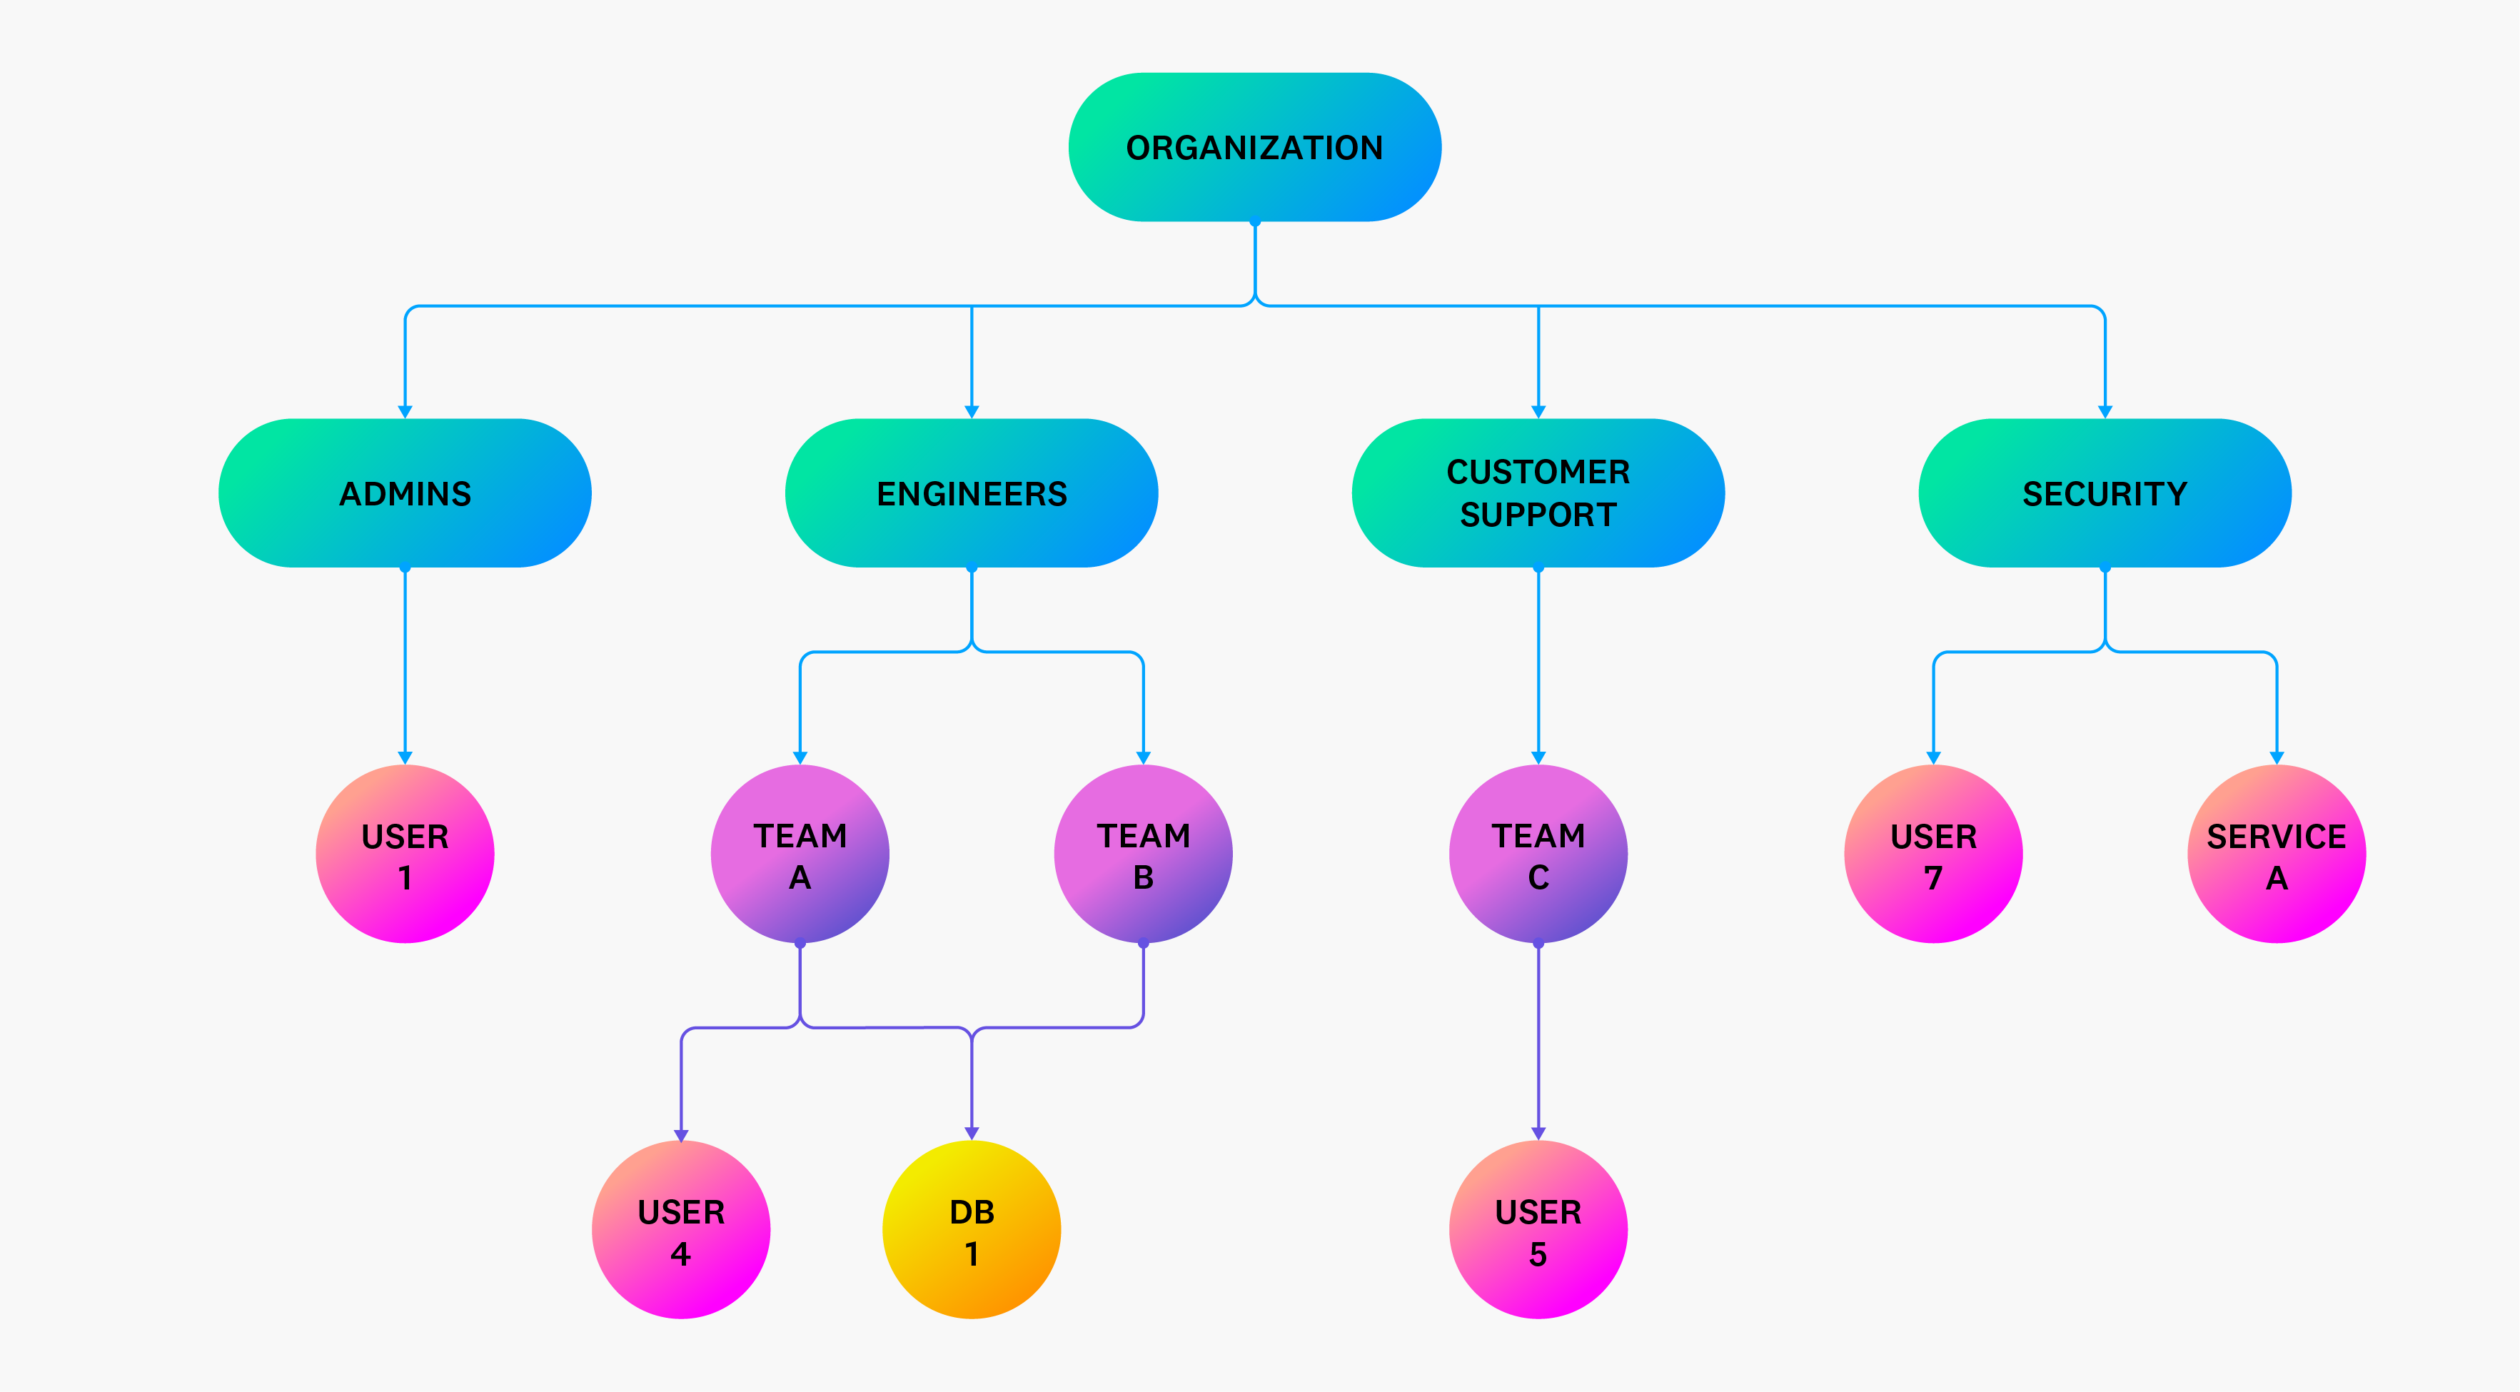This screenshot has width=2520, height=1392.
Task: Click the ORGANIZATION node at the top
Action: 1254,147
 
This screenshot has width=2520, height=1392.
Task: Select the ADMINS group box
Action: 405,493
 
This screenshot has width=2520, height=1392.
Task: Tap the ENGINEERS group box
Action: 972,493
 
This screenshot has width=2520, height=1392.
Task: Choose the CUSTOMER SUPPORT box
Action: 1538,493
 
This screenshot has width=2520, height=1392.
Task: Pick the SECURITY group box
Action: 2105,493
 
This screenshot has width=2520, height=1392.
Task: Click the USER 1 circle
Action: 405,854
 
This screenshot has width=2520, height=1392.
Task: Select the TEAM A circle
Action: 800,854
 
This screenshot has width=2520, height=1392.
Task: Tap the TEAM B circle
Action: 1143,854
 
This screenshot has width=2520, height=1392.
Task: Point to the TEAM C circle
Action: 1538,854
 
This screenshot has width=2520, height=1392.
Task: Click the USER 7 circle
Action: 1933,854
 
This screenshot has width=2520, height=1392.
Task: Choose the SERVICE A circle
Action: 2277,854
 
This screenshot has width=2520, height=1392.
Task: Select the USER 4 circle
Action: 681,1230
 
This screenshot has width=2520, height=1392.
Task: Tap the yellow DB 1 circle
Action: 972,1230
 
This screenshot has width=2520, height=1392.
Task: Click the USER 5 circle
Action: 1538,1230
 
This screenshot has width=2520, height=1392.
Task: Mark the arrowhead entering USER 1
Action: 405,757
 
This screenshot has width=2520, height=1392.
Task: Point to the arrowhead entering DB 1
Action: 972,1133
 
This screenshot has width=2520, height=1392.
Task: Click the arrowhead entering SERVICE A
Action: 2277,757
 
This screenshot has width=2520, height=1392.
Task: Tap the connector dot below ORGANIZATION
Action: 1254,222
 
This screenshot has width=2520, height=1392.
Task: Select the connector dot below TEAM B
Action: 1143,944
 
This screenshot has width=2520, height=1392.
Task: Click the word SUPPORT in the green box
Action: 1538,515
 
